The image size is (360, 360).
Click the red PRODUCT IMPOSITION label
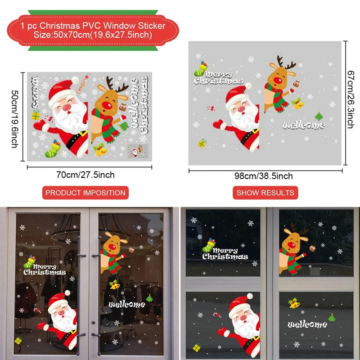click(85, 193)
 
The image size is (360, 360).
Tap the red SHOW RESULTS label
click(265, 193)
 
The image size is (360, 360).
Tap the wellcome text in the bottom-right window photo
click(307, 324)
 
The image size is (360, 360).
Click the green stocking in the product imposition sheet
click(53, 148)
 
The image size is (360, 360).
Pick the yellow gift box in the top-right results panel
click(202, 143)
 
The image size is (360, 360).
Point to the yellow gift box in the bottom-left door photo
click(18, 341)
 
